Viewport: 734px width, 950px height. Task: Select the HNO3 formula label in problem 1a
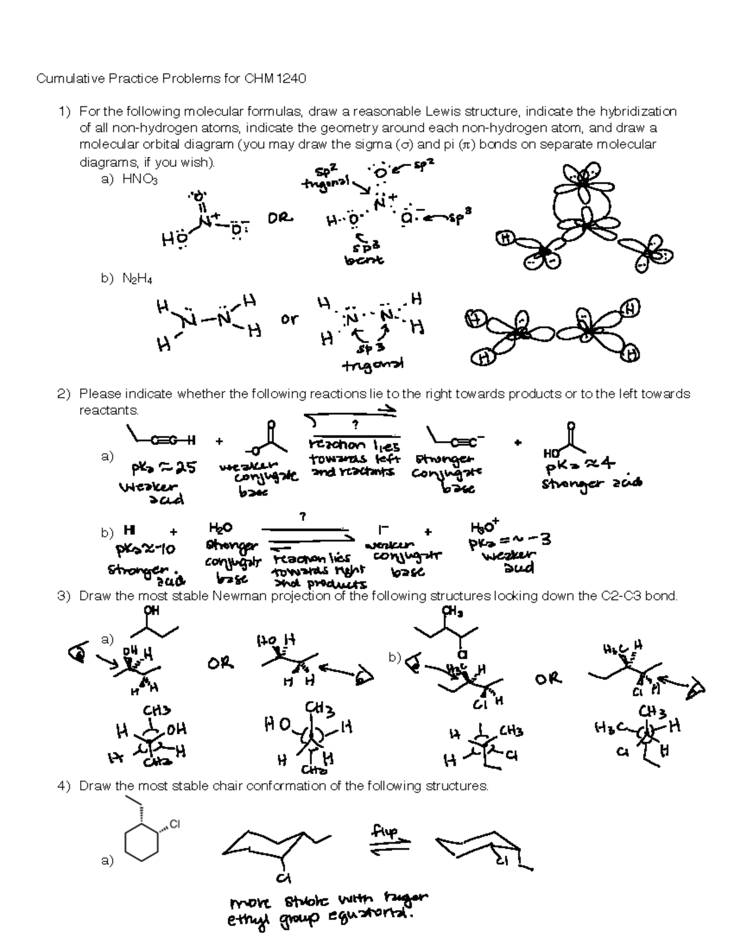click(x=140, y=179)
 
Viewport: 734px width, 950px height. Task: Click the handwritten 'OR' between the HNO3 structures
click(x=280, y=218)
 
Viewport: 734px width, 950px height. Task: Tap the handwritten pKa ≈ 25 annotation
click(x=164, y=469)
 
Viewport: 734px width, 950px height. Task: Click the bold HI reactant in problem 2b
click(x=130, y=529)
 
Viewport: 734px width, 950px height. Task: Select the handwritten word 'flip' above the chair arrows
click(x=384, y=831)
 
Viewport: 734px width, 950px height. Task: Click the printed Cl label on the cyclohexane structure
click(x=176, y=824)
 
